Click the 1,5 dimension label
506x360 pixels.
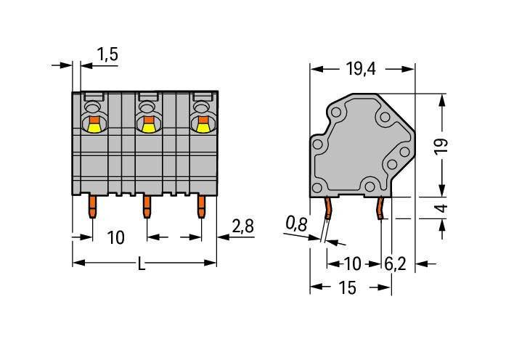[107, 55]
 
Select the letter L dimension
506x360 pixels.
[142, 265]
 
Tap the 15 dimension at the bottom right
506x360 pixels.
[347, 288]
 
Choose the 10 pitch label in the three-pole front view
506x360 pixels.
[115, 237]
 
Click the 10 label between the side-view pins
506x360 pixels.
[352, 263]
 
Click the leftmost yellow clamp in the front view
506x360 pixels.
[93, 127]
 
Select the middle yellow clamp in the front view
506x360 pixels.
[147, 127]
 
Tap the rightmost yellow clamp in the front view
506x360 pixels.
[202, 127]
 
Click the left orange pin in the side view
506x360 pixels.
[328, 209]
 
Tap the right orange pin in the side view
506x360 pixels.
[379, 209]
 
